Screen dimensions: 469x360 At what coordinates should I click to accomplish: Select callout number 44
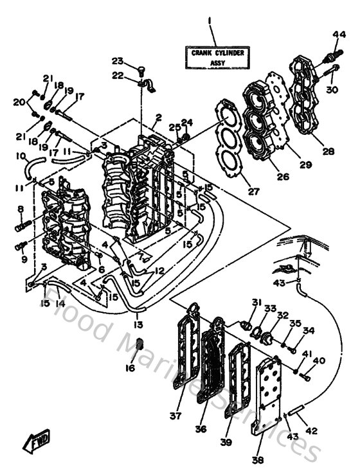click(339, 34)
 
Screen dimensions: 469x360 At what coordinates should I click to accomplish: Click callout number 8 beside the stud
click(21, 209)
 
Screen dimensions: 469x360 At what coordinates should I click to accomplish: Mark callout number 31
click(256, 303)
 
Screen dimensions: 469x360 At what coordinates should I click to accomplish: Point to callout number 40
click(319, 360)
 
